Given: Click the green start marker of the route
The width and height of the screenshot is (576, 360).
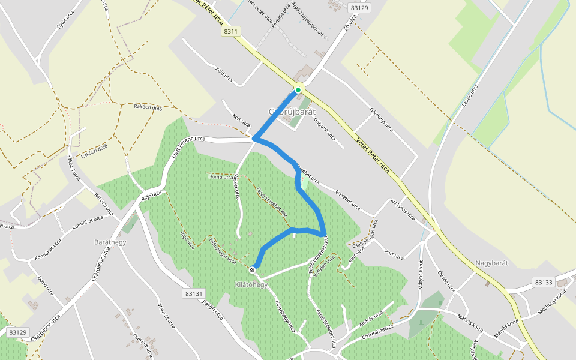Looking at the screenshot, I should click(298, 90).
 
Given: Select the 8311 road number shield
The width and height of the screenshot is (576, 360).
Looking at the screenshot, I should click(230, 31).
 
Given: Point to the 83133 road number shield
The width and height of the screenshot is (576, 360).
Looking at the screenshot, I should click(544, 282).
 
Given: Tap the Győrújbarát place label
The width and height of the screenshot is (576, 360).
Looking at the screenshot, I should click(292, 112).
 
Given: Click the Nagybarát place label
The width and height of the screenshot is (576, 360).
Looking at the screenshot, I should click(492, 263).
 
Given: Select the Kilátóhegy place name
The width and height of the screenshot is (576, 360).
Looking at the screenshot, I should click(251, 284).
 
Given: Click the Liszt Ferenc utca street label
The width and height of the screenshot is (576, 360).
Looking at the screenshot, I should click(188, 146).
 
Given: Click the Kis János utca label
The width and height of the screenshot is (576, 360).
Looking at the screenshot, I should click(403, 211).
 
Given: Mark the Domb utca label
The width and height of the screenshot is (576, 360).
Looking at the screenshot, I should click(220, 177).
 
